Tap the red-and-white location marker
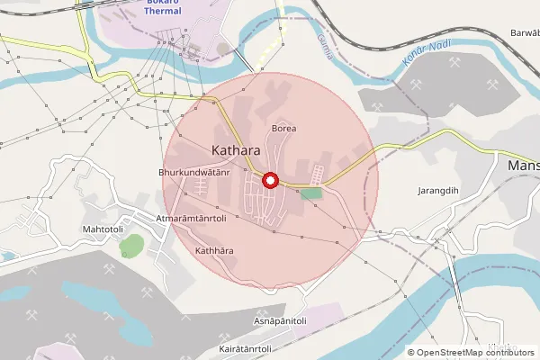[269, 181]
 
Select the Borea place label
[283, 129]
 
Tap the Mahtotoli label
[103, 229]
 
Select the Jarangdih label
[438, 191]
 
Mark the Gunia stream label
[325, 46]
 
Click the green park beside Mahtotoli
[131, 245]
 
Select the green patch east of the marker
[310, 193]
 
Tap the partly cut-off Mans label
[523, 166]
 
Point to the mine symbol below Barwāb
[493, 85]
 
